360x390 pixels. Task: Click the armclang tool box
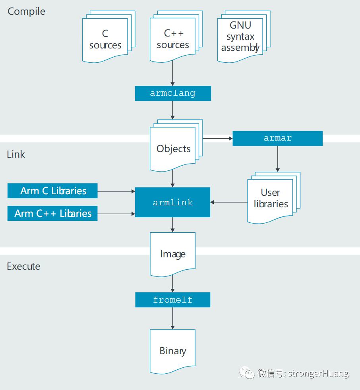(173, 93)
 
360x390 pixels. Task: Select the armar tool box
(277, 138)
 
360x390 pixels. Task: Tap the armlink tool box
(173, 202)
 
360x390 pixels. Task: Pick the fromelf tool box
(173, 300)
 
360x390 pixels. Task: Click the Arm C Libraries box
(52, 191)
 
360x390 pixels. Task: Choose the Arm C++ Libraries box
(52, 213)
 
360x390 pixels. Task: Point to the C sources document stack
(109, 37)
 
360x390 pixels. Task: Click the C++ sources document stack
(176, 37)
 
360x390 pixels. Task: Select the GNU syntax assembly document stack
(244, 37)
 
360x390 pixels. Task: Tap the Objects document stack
(176, 146)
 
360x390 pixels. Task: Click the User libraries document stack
(274, 198)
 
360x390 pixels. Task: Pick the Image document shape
(173, 255)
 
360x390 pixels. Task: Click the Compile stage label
(26, 12)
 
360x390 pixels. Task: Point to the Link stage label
(16, 154)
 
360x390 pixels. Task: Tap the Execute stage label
(23, 266)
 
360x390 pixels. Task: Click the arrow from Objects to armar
(218, 138)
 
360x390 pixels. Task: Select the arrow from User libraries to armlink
(229, 202)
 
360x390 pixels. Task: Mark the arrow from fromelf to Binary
(173, 319)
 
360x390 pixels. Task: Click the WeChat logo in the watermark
(246, 373)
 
